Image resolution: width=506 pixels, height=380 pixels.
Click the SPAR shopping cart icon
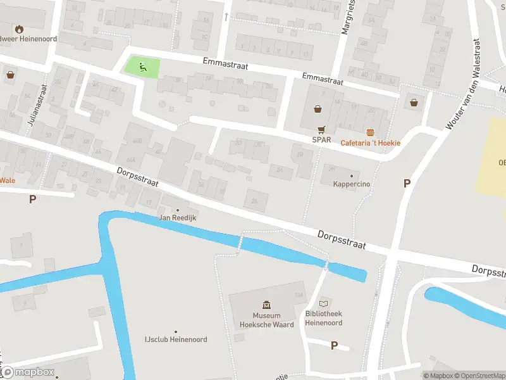tap(321, 129)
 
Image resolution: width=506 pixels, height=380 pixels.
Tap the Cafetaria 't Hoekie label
tap(371, 142)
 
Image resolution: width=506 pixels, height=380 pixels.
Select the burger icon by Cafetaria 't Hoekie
tap(371, 132)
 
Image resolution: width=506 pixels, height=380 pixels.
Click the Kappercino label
tap(352, 184)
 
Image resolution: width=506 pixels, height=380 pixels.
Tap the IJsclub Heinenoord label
tap(176, 339)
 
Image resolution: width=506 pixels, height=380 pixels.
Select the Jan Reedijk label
tap(177, 218)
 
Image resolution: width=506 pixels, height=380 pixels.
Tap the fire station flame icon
tap(19, 28)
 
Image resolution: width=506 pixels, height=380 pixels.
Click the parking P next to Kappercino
tap(407, 183)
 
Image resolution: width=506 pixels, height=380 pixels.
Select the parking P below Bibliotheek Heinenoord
tap(334, 345)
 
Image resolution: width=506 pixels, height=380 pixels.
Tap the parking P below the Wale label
tap(32, 199)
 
